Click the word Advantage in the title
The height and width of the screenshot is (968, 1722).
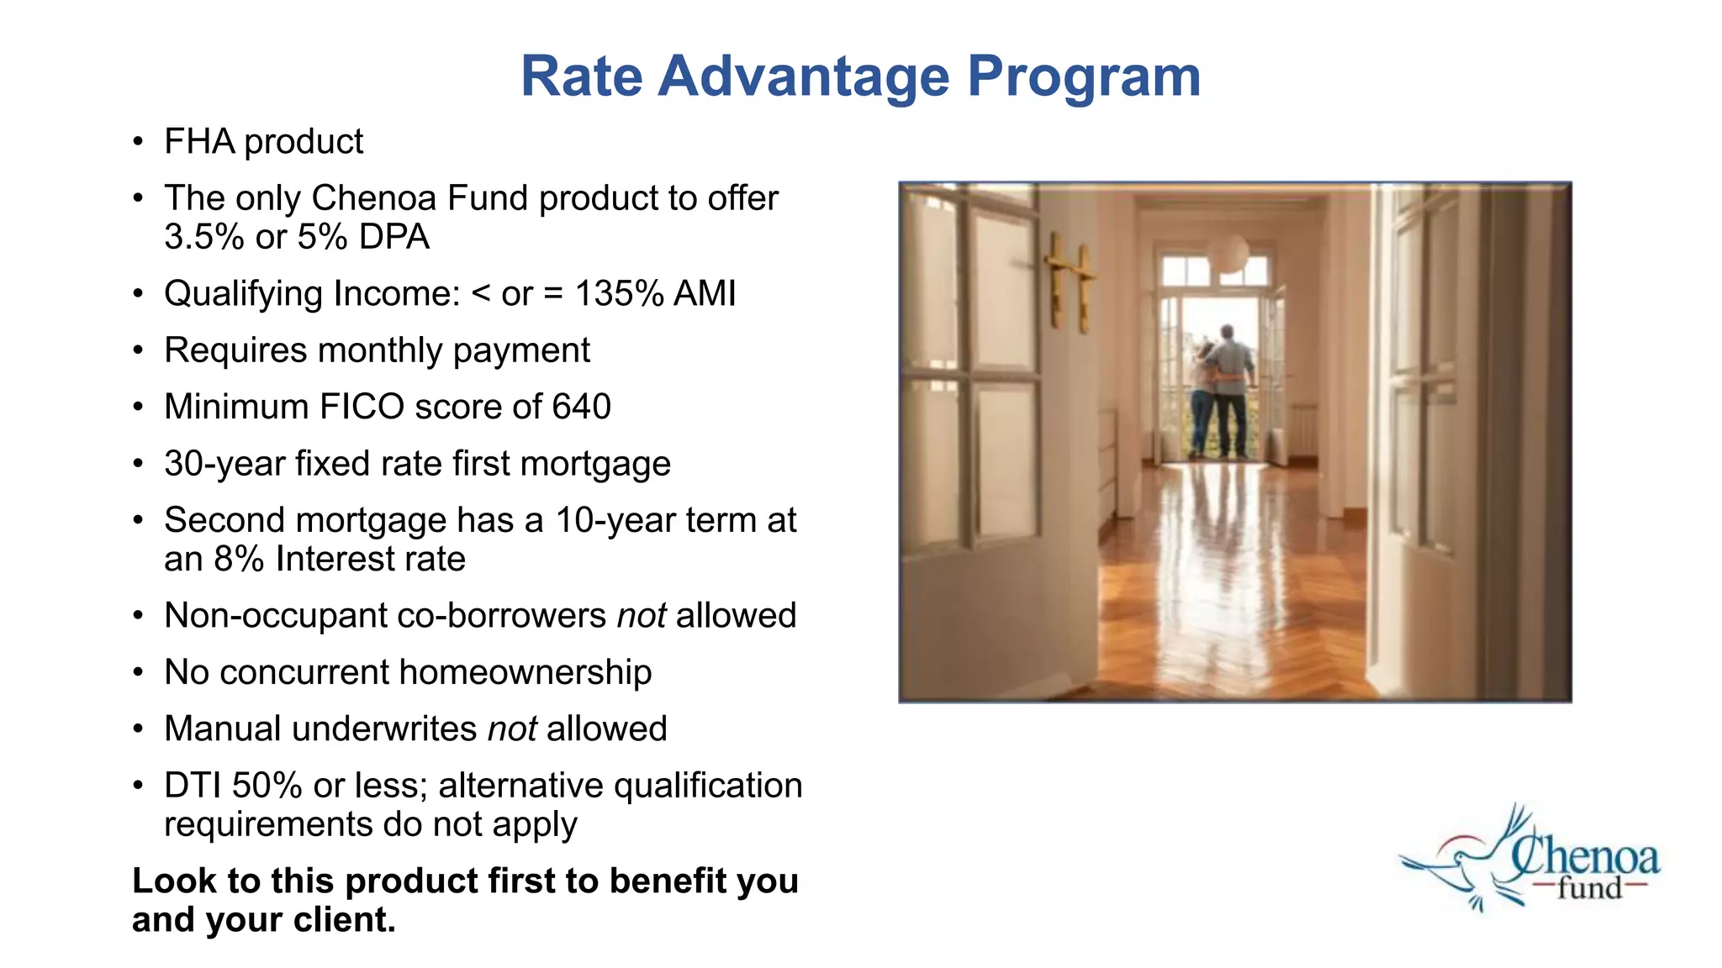pyautogui.click(x=803, y=77)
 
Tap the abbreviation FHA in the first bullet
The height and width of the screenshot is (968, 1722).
pyautogui.click(x=199, y=141)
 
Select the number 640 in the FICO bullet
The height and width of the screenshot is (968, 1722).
pyautogui.click(x=581, y=407)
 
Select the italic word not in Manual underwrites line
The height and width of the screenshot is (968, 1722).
pyautogui.click(x=511, y=729)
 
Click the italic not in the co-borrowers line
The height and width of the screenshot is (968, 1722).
pyautogui.click(x=641, y=616)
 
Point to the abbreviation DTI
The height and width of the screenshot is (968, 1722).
pyautogui.click(x=193, y=786)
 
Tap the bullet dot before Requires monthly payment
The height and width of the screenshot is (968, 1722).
pyautogui.click(x=138, y=350)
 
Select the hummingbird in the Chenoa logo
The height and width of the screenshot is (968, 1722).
pyautogui.click(x=1455, y=865)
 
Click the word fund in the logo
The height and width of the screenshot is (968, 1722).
pyautogui.click(x=1588, y=888)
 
